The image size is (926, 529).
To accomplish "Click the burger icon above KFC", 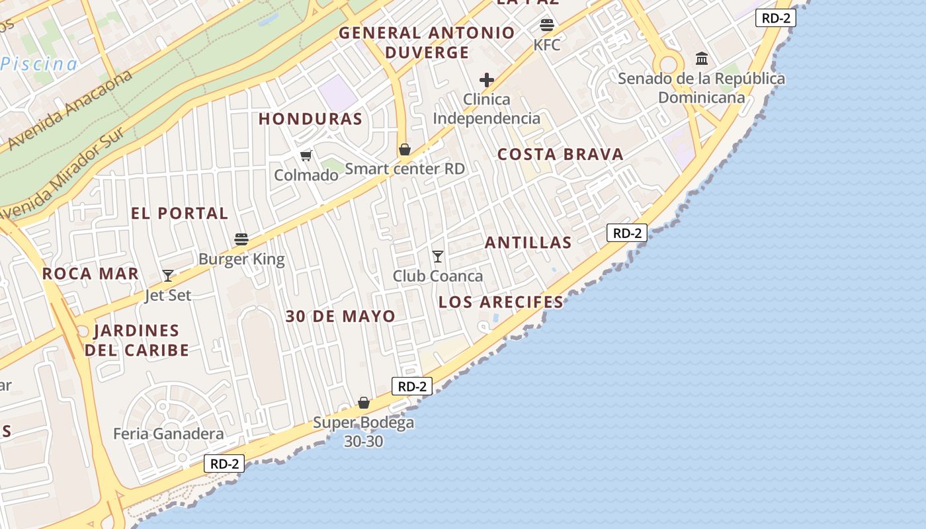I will [546, 26].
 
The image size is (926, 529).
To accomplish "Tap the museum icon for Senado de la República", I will [702, 59].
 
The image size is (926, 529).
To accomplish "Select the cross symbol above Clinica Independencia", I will [487, 81].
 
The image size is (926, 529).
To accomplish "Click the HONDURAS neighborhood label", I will [310, 119].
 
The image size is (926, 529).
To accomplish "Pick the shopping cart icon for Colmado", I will [306, 155].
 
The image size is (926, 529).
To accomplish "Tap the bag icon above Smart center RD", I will [405, 149].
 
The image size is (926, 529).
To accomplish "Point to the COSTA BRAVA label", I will [560, 155].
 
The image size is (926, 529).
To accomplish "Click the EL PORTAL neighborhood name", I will [179, 214].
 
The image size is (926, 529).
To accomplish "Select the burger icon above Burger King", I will [241, 239].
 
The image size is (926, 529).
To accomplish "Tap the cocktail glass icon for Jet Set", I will [168, 275].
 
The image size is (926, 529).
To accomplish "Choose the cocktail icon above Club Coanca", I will [437, 256].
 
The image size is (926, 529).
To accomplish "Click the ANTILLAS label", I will [528, 243].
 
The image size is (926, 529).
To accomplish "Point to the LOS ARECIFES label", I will [501, 302].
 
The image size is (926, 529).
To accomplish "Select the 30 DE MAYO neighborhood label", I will [341, 316].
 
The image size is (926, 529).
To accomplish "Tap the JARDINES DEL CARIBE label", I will [137, 340].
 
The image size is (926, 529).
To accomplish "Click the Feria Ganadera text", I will [169, 434].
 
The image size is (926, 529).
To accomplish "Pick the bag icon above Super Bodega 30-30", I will [364, 402].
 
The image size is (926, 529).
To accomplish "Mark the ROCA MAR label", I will [91, 274].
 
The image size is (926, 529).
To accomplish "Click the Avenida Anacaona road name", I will [70, 109].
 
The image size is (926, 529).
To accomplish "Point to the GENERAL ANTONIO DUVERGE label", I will [427, 42].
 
